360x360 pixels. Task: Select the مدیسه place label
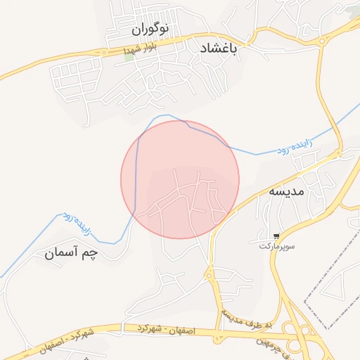pos(287,191)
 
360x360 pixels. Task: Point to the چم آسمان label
pos(79,252)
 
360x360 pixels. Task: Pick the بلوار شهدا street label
pos(137,49)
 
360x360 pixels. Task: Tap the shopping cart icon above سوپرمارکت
pos(278,236)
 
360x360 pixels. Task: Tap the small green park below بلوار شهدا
pos(129,57)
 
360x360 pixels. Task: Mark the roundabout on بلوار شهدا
pos(104,52)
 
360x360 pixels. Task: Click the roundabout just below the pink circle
pos(209,275)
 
